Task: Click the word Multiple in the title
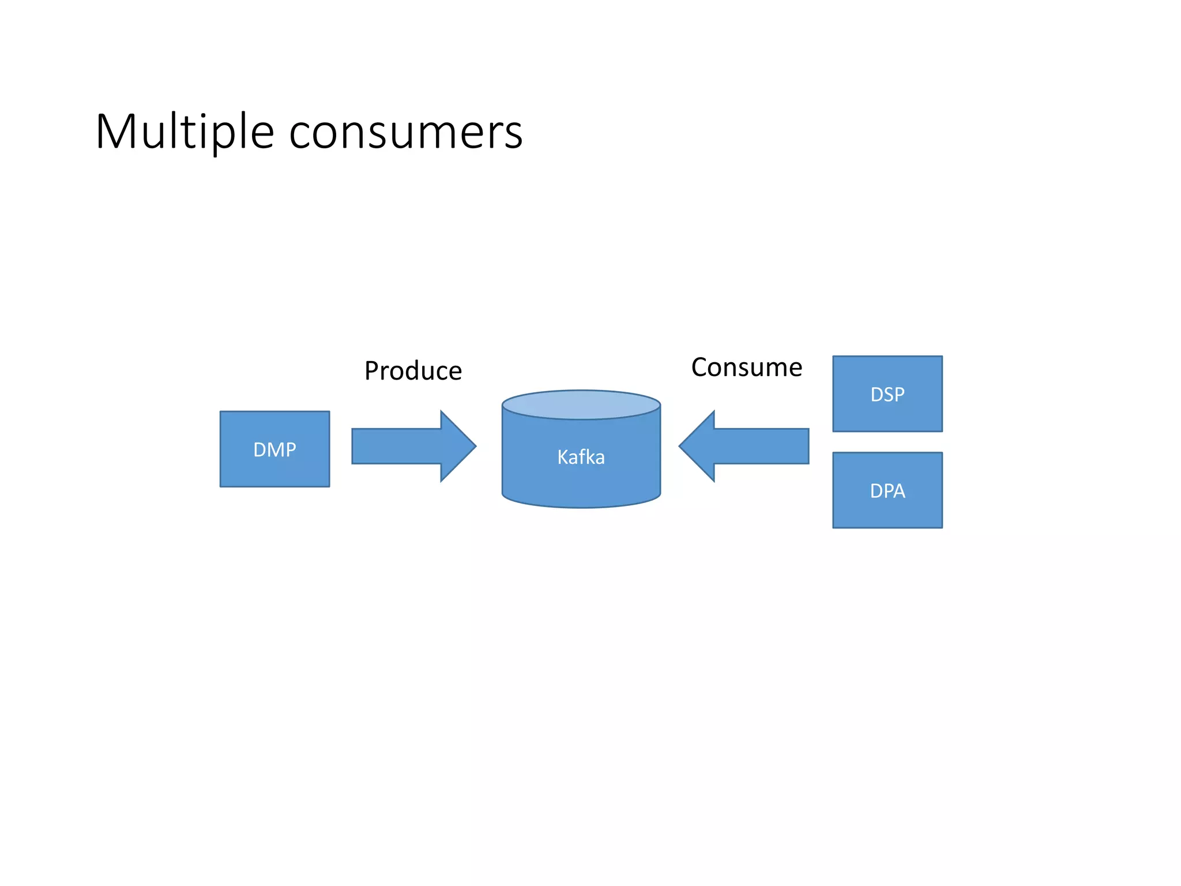[185, 133]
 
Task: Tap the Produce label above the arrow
[413, 371]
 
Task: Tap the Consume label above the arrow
[746, 367]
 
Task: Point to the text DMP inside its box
[274, 449]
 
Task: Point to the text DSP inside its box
[887, 395]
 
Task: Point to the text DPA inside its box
[887, 491]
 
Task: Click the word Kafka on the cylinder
[581, 457]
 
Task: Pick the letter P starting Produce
[372, 371]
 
